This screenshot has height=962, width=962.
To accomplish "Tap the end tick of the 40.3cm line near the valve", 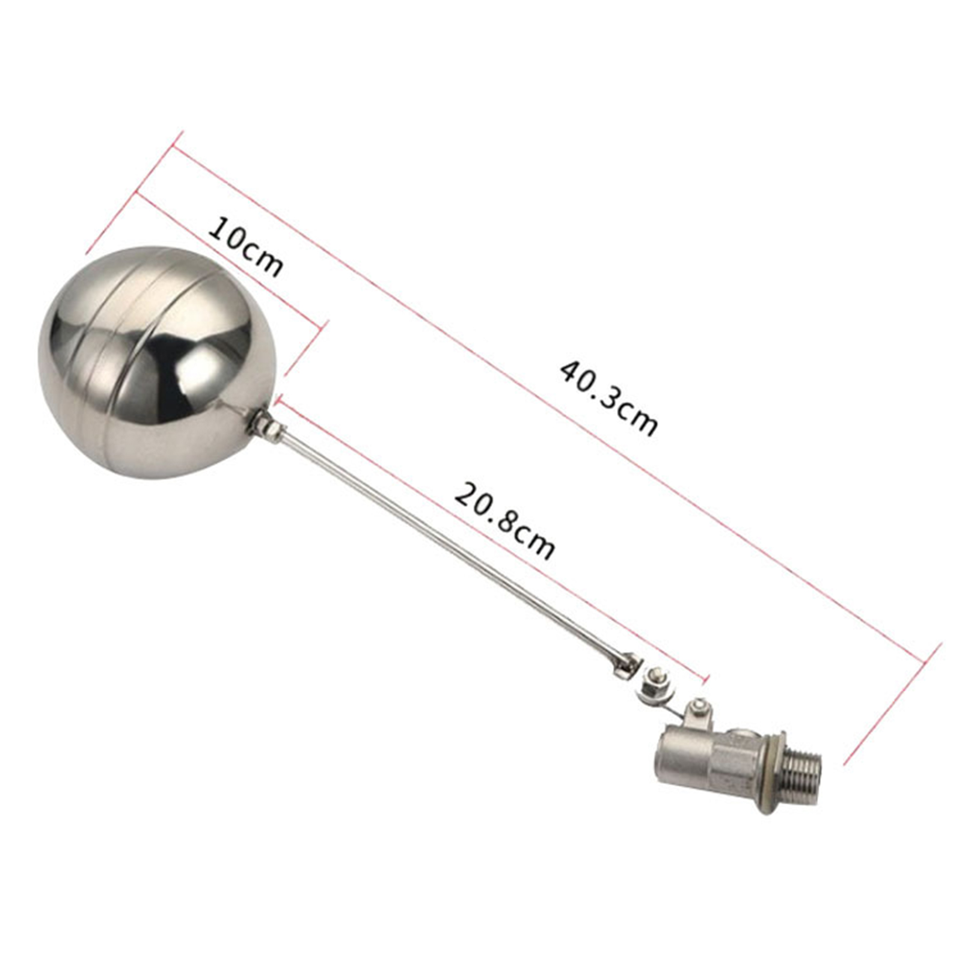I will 892,703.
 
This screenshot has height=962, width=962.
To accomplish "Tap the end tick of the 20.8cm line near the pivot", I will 705,678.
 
